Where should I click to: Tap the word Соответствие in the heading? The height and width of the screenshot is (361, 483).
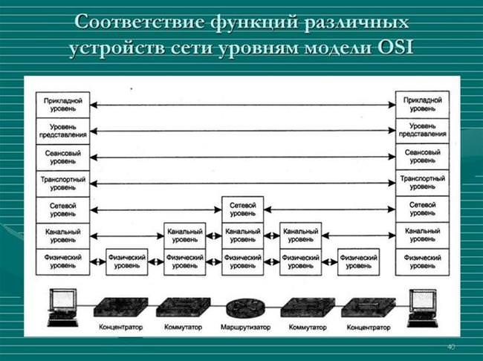click(x=139, y=22)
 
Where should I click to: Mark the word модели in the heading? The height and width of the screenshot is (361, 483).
click(x=338, y=49)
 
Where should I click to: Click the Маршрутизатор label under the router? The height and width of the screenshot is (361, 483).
click(x=245, y=327)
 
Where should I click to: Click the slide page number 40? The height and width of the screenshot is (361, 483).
click(x=450, y=347)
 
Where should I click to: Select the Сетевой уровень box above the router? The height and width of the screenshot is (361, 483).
click(x=243, y=209)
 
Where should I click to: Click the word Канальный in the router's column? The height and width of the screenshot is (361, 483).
click(x=243, y=231)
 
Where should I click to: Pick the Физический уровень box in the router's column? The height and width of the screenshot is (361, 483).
click(x=243, y=261)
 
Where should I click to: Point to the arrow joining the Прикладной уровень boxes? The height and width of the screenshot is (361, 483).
click(x=243, y=105)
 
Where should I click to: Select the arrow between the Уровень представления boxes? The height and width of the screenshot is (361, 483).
click(x=243, y=131)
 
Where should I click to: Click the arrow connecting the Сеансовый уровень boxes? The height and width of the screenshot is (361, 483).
click(x=243, y=157)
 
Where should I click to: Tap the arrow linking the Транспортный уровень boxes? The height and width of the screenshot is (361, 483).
click(x=243, y=183)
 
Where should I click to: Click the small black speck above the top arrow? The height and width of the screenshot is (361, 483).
click(x=132, y=89)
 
